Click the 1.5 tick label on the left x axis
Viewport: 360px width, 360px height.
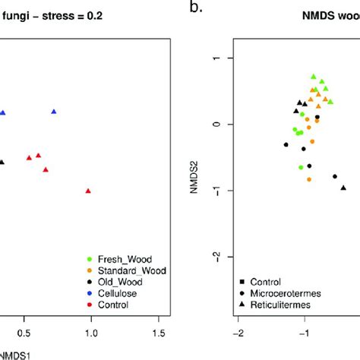tap(158, 332)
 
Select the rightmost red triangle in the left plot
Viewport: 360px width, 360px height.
tap(88, 191)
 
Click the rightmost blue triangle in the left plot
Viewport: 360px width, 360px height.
tap(54, 112)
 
